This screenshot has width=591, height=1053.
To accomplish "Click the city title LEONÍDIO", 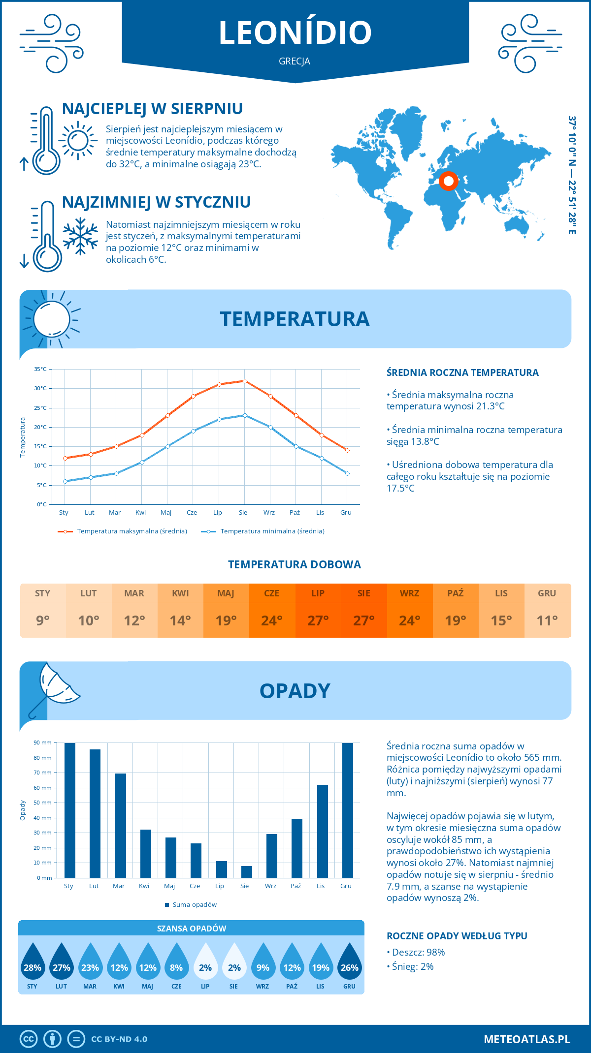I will point(295,32).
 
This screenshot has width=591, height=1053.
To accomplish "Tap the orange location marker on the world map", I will point(448,181).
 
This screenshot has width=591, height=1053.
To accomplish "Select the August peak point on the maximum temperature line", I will point(245,381).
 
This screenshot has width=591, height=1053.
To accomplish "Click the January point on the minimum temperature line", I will point(65,481).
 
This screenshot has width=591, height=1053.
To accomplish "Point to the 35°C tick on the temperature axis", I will point(41,369).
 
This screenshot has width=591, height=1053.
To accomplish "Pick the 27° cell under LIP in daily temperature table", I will point(318,620).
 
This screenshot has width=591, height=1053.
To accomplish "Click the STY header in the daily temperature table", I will point(43,593).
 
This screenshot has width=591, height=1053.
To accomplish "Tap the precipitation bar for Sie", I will point(247,872).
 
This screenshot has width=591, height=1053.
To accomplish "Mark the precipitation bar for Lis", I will point(323,831).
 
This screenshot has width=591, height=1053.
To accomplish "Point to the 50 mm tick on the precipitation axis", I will point(43,803).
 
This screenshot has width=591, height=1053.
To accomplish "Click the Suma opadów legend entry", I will point(194,905).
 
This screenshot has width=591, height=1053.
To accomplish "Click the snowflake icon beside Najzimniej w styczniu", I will point(80,236).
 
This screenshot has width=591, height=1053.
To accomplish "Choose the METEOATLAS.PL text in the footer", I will point(527,1039).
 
